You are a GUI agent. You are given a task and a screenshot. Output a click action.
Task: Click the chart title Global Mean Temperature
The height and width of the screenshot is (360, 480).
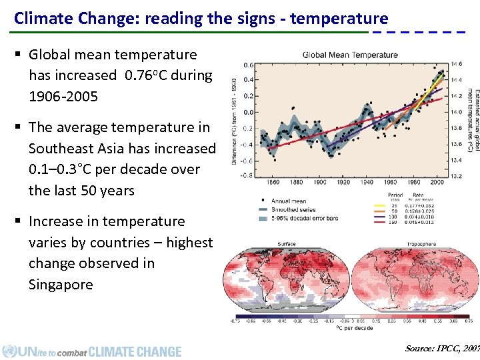pyautogui.click(x=350, y=55)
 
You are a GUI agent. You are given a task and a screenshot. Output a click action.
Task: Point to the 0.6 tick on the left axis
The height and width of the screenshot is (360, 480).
pyautogui.click(x=247, y=65)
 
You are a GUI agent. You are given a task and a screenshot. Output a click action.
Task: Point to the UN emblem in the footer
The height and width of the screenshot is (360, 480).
pyautogui.click(x=9, y=351)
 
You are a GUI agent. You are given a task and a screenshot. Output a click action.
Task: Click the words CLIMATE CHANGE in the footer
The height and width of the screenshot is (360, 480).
pyautogui.click(x=135, y=351)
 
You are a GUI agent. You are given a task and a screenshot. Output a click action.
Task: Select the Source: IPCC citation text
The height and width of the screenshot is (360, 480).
pyautogui.click(x=441, y=349)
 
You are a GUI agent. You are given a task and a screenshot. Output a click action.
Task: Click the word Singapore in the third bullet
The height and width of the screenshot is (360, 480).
pyautogui.click(x=61, y=285)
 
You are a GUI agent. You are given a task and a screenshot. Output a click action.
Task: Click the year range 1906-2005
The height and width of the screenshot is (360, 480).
pyautogui.click(x=63, y=97)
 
